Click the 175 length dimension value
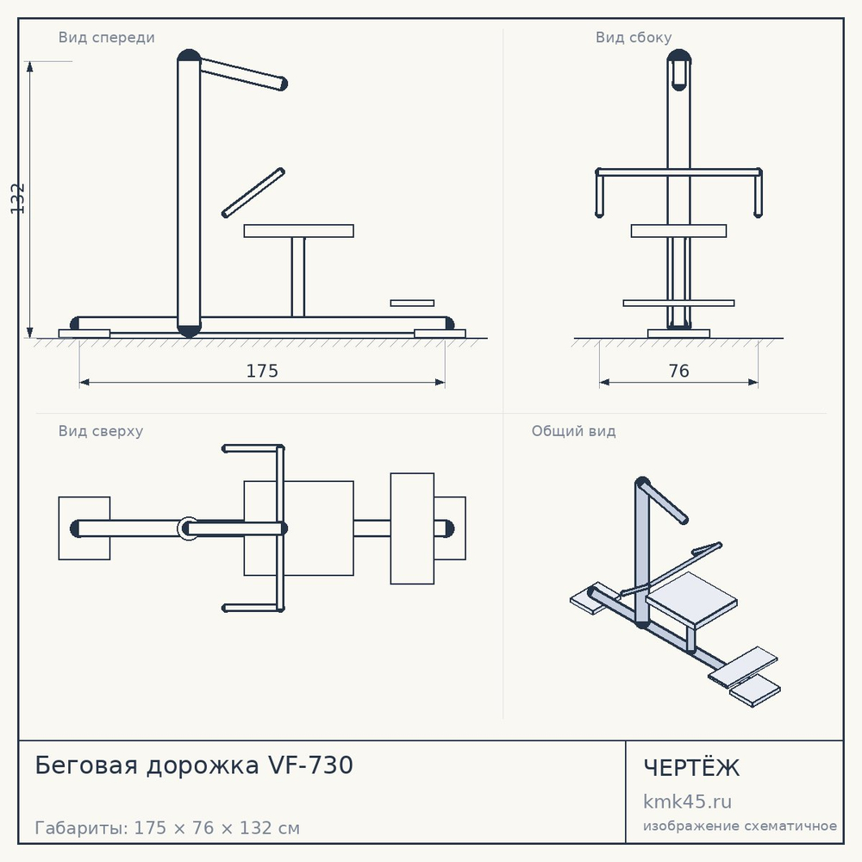point(262,371)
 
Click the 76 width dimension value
point(678,371)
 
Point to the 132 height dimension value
point(17,198)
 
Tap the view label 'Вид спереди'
point(107,37)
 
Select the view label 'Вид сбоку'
point(634,37)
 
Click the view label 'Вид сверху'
point(101,431)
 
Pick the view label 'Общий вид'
point(573,431)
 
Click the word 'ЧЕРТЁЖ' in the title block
point(691,767)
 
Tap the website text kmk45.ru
point(687,802)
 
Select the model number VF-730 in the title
point(310,765)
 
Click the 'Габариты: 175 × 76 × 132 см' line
point(167,828)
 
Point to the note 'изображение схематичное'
point(740,826)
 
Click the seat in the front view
point(298,231)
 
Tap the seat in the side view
point(678,231)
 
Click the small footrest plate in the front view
point(412,303)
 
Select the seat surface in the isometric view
point(691,599)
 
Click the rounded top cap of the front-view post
point(189,55)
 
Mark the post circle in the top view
point(188,529)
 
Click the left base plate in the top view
point(84,528)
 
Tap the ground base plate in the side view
point(678,334)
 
